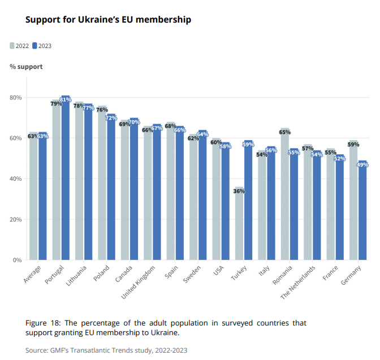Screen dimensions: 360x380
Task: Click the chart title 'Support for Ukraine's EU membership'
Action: coord(108,20)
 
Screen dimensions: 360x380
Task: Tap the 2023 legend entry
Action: coord(42,46)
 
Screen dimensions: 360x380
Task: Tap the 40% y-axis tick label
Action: coord(16,179)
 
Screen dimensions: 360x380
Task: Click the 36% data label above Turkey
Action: coord(239,192)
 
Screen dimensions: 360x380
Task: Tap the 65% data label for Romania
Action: coord(284,132)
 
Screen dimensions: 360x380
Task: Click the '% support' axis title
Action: coord(26,67)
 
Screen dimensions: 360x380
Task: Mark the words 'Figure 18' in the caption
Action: coord(43,323)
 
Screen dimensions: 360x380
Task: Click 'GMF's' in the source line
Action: coord(61,350)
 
